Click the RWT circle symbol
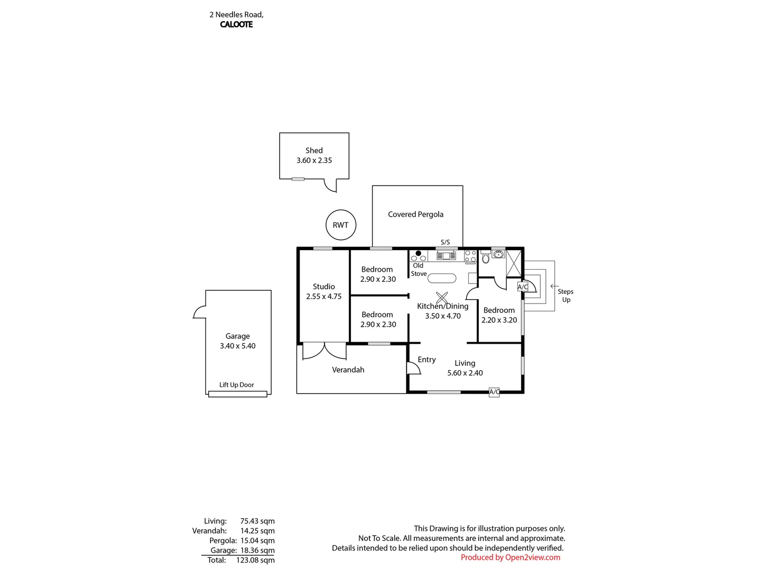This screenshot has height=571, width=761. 341,225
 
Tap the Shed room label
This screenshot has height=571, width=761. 314,151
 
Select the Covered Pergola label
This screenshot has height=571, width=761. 415,214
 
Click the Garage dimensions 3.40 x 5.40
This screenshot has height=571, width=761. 238,346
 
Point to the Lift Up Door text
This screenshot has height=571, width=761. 237,385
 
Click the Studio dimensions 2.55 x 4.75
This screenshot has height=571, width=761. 323,297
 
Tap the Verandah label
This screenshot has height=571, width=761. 348,370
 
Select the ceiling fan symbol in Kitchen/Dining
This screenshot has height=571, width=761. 442,298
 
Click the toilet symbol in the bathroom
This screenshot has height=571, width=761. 486,259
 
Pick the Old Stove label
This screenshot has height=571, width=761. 419,270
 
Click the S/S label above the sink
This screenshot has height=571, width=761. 445,242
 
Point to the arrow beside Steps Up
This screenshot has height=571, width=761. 554,286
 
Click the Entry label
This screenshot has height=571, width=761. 426,360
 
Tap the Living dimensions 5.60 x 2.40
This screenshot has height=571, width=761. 465,373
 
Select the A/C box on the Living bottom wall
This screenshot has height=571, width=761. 494,392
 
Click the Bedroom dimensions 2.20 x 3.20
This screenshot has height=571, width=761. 499,320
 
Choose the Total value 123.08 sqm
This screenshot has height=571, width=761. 255,560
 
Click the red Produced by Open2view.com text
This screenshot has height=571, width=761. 510,557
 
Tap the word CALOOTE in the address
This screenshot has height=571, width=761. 236,24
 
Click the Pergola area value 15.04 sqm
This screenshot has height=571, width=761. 257,540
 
